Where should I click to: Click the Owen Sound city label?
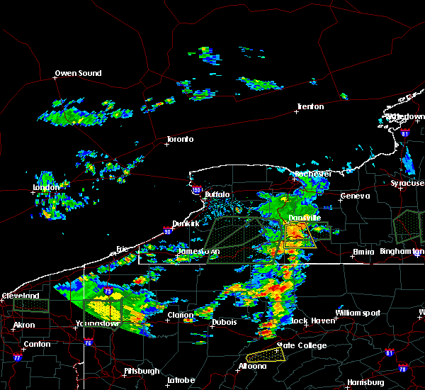coord(79,73)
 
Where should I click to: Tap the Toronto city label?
coord(179,139)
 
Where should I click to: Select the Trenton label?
coord(310,106)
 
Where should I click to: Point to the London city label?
coord(45,188)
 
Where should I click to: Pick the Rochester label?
coord(312,174)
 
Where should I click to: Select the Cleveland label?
coord(20,296)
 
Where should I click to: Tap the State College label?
coord(301,345)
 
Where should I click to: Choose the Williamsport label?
coord(358,313)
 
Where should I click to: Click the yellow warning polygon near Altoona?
coord(264,353)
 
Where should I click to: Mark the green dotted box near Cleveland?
coord(31,306)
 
